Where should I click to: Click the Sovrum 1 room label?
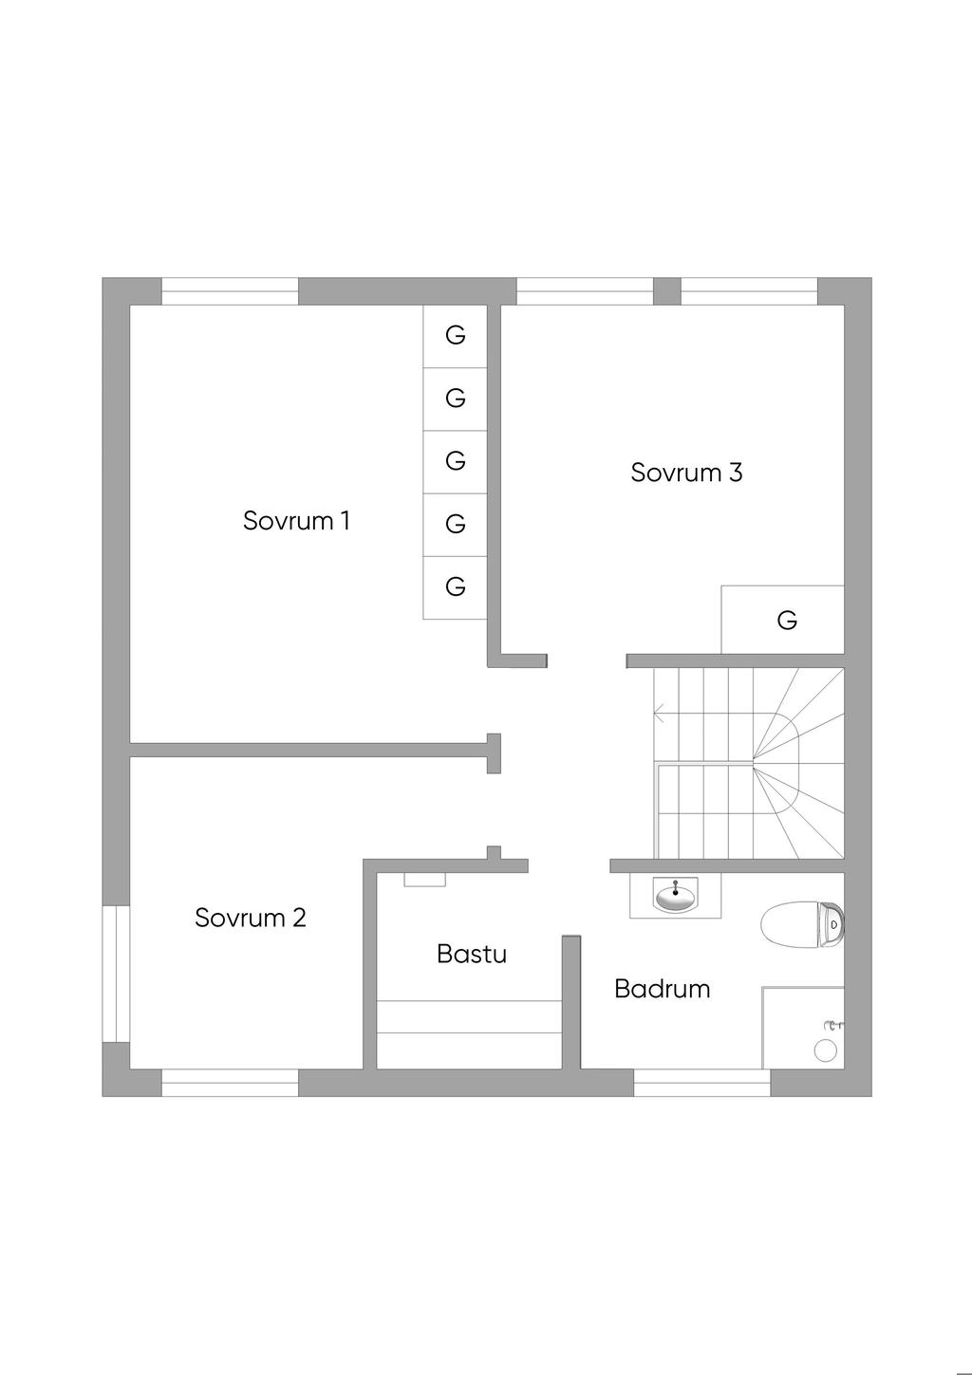click(296, 521)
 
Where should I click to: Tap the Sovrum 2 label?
click(251, 918)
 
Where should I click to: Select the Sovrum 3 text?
click(686, 473)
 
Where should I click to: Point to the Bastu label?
click(472, 954)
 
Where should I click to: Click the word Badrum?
click(663, 989)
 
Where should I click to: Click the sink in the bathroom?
click(675, 896)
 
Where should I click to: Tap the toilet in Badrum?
click(802, 924)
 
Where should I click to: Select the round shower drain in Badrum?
click(826, 1050)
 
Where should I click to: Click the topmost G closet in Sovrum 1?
click(456, 335)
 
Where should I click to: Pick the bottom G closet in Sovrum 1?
click(456, 587)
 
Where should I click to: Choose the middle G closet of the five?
click(456, 461)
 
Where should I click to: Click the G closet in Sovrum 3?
click(787, 621)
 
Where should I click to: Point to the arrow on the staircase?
click(659, 713)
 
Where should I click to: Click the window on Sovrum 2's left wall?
click(116, 974)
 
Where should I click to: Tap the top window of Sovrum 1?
click(230, 291)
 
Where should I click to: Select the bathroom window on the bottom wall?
click(701, 1083)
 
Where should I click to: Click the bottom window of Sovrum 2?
click(230, 1083)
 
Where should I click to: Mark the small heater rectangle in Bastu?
click(425, 880)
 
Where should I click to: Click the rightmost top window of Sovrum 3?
click(749, 291)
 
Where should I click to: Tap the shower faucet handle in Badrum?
click(833, 1026)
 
